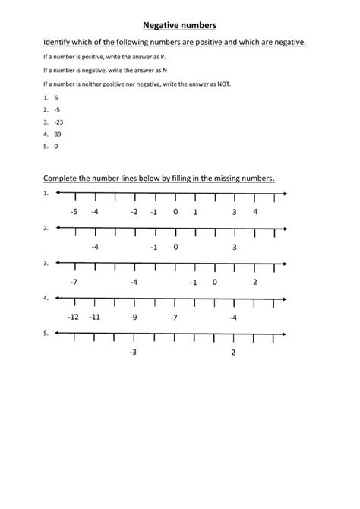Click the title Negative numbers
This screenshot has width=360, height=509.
coord(179,24)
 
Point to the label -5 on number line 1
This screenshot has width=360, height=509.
coord(74,212)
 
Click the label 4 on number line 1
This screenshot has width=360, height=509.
coord(255,212)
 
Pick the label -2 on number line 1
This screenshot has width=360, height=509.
coord(134,212)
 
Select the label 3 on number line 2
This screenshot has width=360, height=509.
coord(235,247)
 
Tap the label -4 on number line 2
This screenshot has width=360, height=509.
coord(94,247)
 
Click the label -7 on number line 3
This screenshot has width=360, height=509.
coord(74,282)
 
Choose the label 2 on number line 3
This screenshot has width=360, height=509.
coord(255,282)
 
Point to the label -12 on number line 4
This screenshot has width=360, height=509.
coord(74,317)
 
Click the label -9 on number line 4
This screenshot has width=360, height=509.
coord(134,317)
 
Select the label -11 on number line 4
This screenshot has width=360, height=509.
coord(94,317)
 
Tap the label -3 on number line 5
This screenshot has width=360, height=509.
coord(133,353)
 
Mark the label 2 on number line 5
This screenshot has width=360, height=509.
coord(233,353)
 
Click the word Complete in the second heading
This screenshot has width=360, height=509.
coord(62,179)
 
